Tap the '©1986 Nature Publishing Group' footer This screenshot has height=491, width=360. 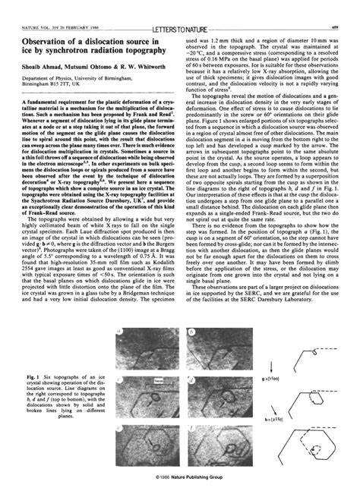coord(180,479)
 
